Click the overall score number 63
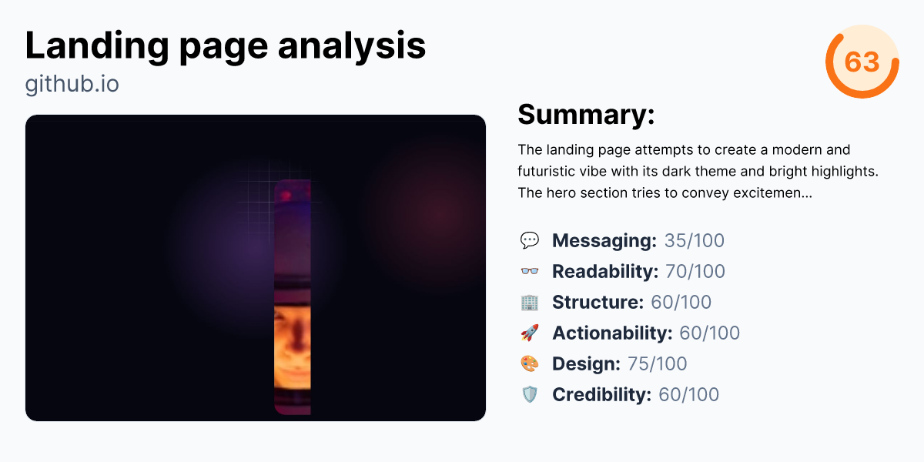tap(862, 62)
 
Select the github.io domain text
tap(72, 84)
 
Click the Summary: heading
tap(586, 115)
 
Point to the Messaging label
tap(604, 241)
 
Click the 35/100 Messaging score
tap(695, 241)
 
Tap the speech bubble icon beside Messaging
tap(530, 241)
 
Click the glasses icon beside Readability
tap(530, 272)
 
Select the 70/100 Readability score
tap(695, 272)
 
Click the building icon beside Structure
tap(530, 303)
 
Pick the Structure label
tap(598, 303)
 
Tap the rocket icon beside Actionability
tap(530, 333)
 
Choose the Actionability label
tap(612, 333)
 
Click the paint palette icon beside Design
tap(530, 364)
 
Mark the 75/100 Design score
tap(658, 364)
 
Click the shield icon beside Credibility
tap(530, 395)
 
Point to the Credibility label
tap(601, 395)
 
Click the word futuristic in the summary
tap(547, 171)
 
